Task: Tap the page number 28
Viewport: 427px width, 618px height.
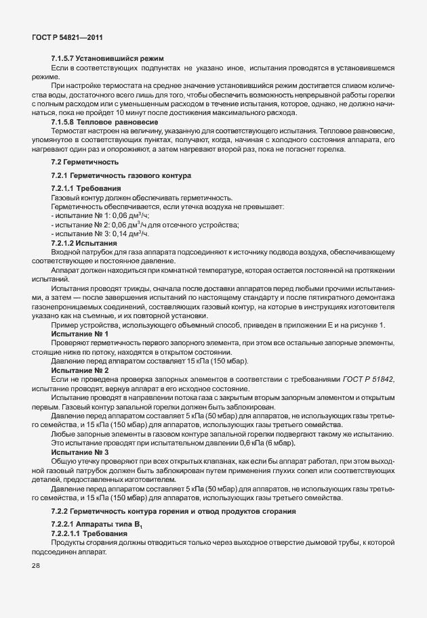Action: click(x=35, y=566)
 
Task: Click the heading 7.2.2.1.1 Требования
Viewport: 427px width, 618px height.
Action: click(x=90, y=534)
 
